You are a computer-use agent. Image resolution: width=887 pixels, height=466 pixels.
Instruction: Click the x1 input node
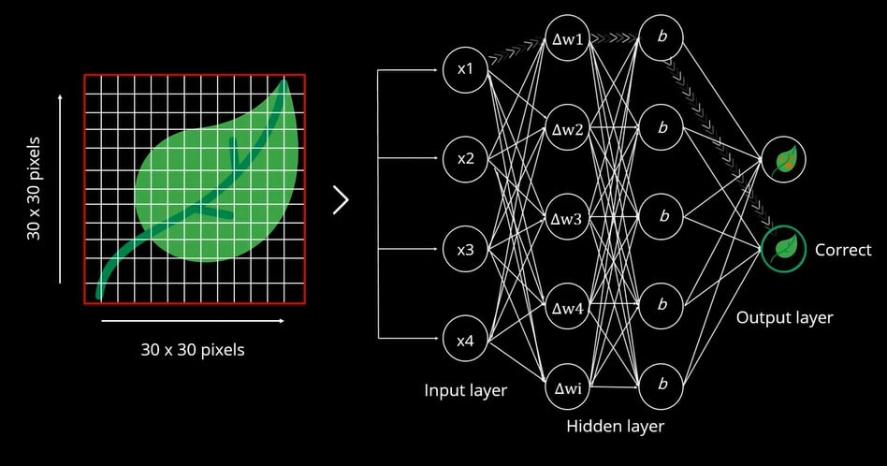[465, 70]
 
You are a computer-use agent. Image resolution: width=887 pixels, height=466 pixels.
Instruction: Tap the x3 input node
[465, 250]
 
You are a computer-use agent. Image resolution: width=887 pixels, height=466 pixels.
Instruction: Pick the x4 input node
[465, 341]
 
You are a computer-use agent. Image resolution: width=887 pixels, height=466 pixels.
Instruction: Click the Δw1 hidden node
[567, 39]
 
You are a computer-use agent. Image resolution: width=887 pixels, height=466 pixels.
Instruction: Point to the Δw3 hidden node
[567, 217]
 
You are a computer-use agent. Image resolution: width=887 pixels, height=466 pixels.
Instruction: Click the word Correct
[843, 250]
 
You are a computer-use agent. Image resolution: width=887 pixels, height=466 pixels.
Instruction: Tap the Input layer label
[466, 390]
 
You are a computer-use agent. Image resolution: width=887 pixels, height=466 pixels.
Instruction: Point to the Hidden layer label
[615, 427]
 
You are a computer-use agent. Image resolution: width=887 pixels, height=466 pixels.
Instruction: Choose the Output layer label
[784, 318]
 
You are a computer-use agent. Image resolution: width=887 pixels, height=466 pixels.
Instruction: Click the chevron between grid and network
[341, 199]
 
